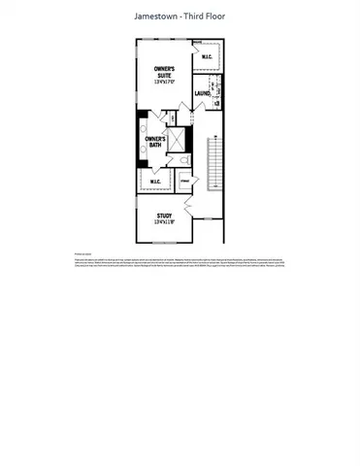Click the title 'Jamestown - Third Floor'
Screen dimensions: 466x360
coord(179,17)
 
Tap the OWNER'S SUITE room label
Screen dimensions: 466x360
coord(163,73)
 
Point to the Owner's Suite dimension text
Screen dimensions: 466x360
coord(163,83)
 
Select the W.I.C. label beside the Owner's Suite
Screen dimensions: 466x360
coord(205,58)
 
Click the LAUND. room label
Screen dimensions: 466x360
coord(203,94)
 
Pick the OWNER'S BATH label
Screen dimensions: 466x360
coord(156,143)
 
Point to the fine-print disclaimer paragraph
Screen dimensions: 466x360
coord(179,265)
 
